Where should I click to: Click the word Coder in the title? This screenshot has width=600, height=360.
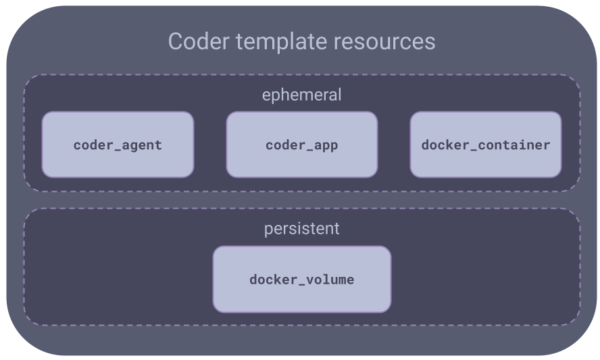[199, 41]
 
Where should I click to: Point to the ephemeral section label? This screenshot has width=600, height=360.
[301, 95]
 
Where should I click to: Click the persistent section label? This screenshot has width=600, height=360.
[301, 229]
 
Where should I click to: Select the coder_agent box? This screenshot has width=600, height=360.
[118, 145]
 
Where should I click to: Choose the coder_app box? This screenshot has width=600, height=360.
[302, 145]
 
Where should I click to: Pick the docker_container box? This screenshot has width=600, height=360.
[486, 145]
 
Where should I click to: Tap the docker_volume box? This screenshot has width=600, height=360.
[302, 279]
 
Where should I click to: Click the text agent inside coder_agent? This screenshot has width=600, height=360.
[142, 146]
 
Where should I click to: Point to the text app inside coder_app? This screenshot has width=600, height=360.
[326, 147]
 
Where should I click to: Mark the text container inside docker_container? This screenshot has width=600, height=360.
[514, 145]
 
